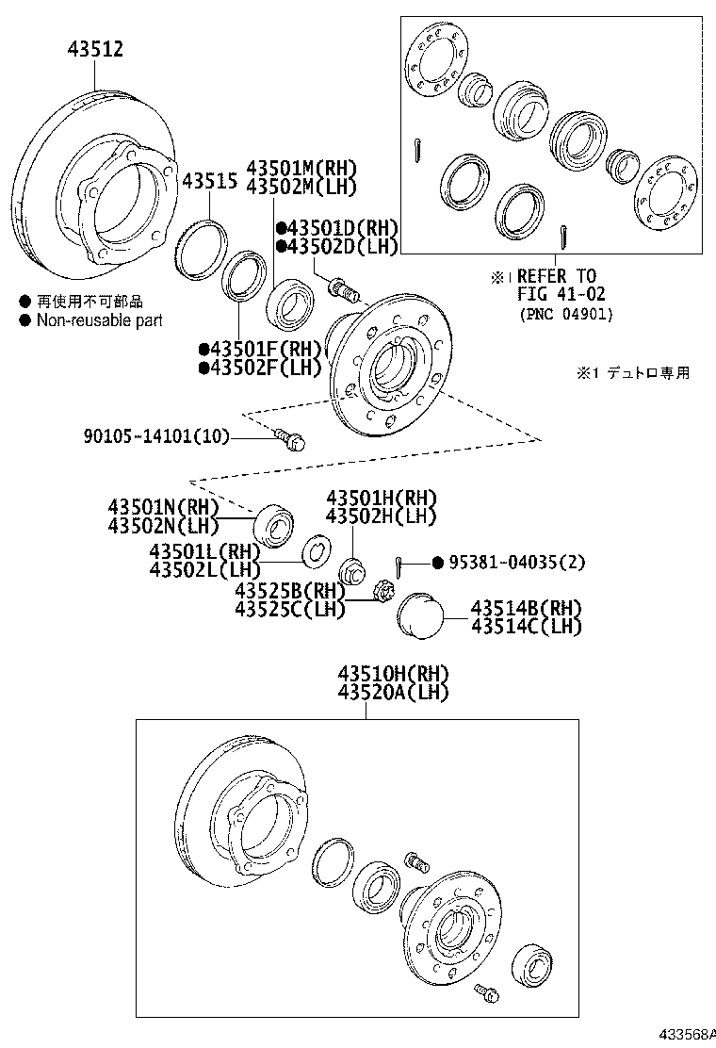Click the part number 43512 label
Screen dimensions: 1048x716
pyautogui.click(x=95, y=49)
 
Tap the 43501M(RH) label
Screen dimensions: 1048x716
pyautogui.click(x=301, y=167)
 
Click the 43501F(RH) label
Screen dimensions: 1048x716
pyautogui.click(x=260, y=348)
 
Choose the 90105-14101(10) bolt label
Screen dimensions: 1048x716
pyautogui.click(x=155, y=436)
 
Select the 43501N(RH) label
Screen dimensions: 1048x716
pyautogui.click(x=163, y=507)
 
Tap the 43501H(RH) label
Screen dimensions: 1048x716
pyautogui.click(x=382, y=498)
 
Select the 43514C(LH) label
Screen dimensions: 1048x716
pyautogui.click(x=526, y=627)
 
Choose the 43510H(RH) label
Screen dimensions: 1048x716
pyautogui.click(x=393, y=673)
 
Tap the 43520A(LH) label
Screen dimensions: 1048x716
pyautogui.click(x=393, y=693)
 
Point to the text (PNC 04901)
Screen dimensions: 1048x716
pyautogui.click(x=564, y=314)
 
